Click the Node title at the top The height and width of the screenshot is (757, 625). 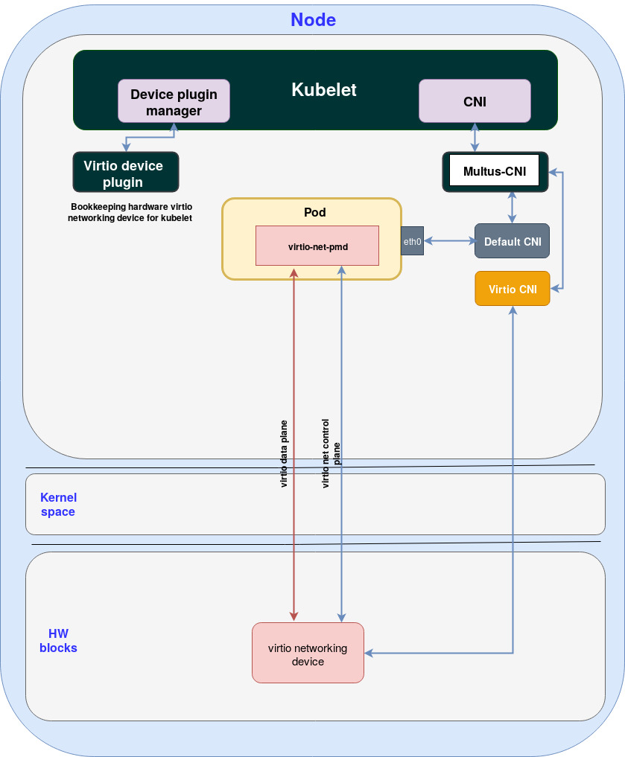313,20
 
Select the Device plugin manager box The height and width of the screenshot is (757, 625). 174,102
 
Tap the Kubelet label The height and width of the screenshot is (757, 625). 323,90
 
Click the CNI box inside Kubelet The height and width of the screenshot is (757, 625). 475,101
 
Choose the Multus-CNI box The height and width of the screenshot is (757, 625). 495,171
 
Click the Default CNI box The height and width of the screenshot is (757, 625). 512,241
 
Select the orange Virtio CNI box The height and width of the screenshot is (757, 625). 512,289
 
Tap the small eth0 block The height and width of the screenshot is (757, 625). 412,241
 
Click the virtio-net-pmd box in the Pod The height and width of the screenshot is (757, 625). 317,245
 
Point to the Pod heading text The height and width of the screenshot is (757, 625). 314,213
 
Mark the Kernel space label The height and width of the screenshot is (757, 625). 58,505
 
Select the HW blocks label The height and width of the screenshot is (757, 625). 58,641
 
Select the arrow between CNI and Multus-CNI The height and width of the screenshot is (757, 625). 475,138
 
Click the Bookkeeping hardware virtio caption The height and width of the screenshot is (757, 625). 131,212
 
